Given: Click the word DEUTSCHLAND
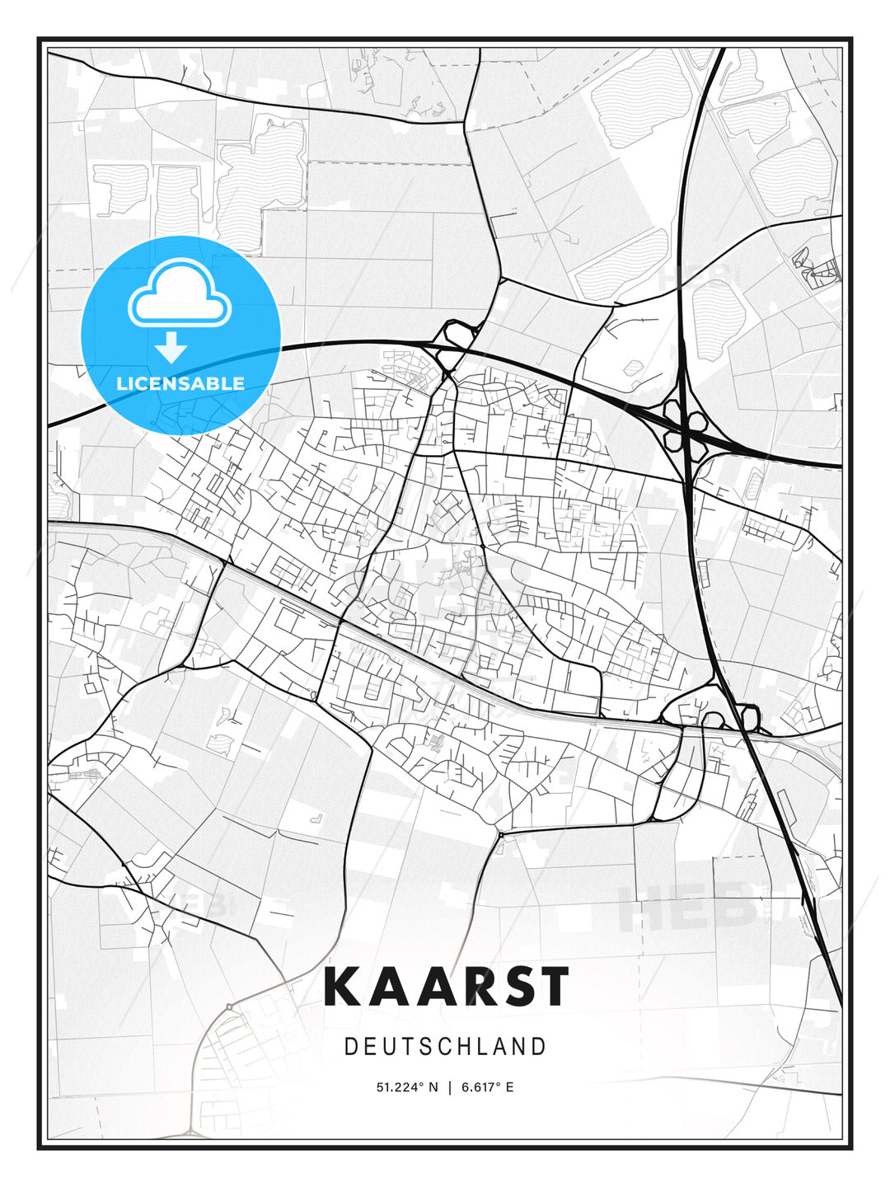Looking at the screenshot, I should point(445,1047).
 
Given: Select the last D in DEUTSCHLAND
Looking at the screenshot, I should point(540,1047).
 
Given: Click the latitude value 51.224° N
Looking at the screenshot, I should point(407,1087).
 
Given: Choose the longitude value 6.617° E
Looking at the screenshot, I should point(487,1087).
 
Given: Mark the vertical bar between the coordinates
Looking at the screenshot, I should point(449,1087).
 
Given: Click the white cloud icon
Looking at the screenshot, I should point(180,293).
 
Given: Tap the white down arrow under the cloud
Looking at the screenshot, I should point(172,348).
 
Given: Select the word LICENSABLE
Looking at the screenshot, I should point(180,383).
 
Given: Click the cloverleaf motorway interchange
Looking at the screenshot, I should point(686,427).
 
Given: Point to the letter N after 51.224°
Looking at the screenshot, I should point(433,1087).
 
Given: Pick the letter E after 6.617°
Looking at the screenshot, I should point(509,1087).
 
